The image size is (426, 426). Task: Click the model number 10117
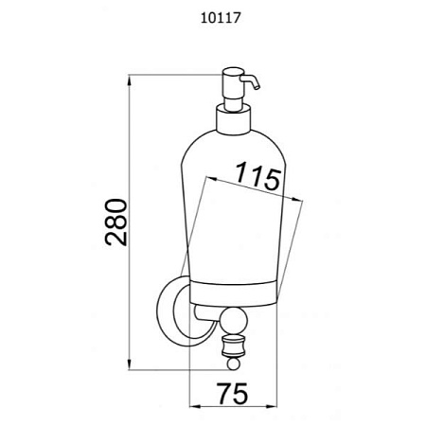(221, 18)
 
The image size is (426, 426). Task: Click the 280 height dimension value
(116, 222)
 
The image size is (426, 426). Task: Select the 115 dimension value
(258, 176)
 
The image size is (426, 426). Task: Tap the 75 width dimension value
(233, 394)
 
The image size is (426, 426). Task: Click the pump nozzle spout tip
(257, 88)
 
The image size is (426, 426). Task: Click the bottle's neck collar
(233, 120)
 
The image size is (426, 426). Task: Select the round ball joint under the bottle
(234, 322)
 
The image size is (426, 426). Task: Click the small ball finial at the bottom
(233, 364)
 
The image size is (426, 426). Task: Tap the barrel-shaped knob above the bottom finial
(234, 346)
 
